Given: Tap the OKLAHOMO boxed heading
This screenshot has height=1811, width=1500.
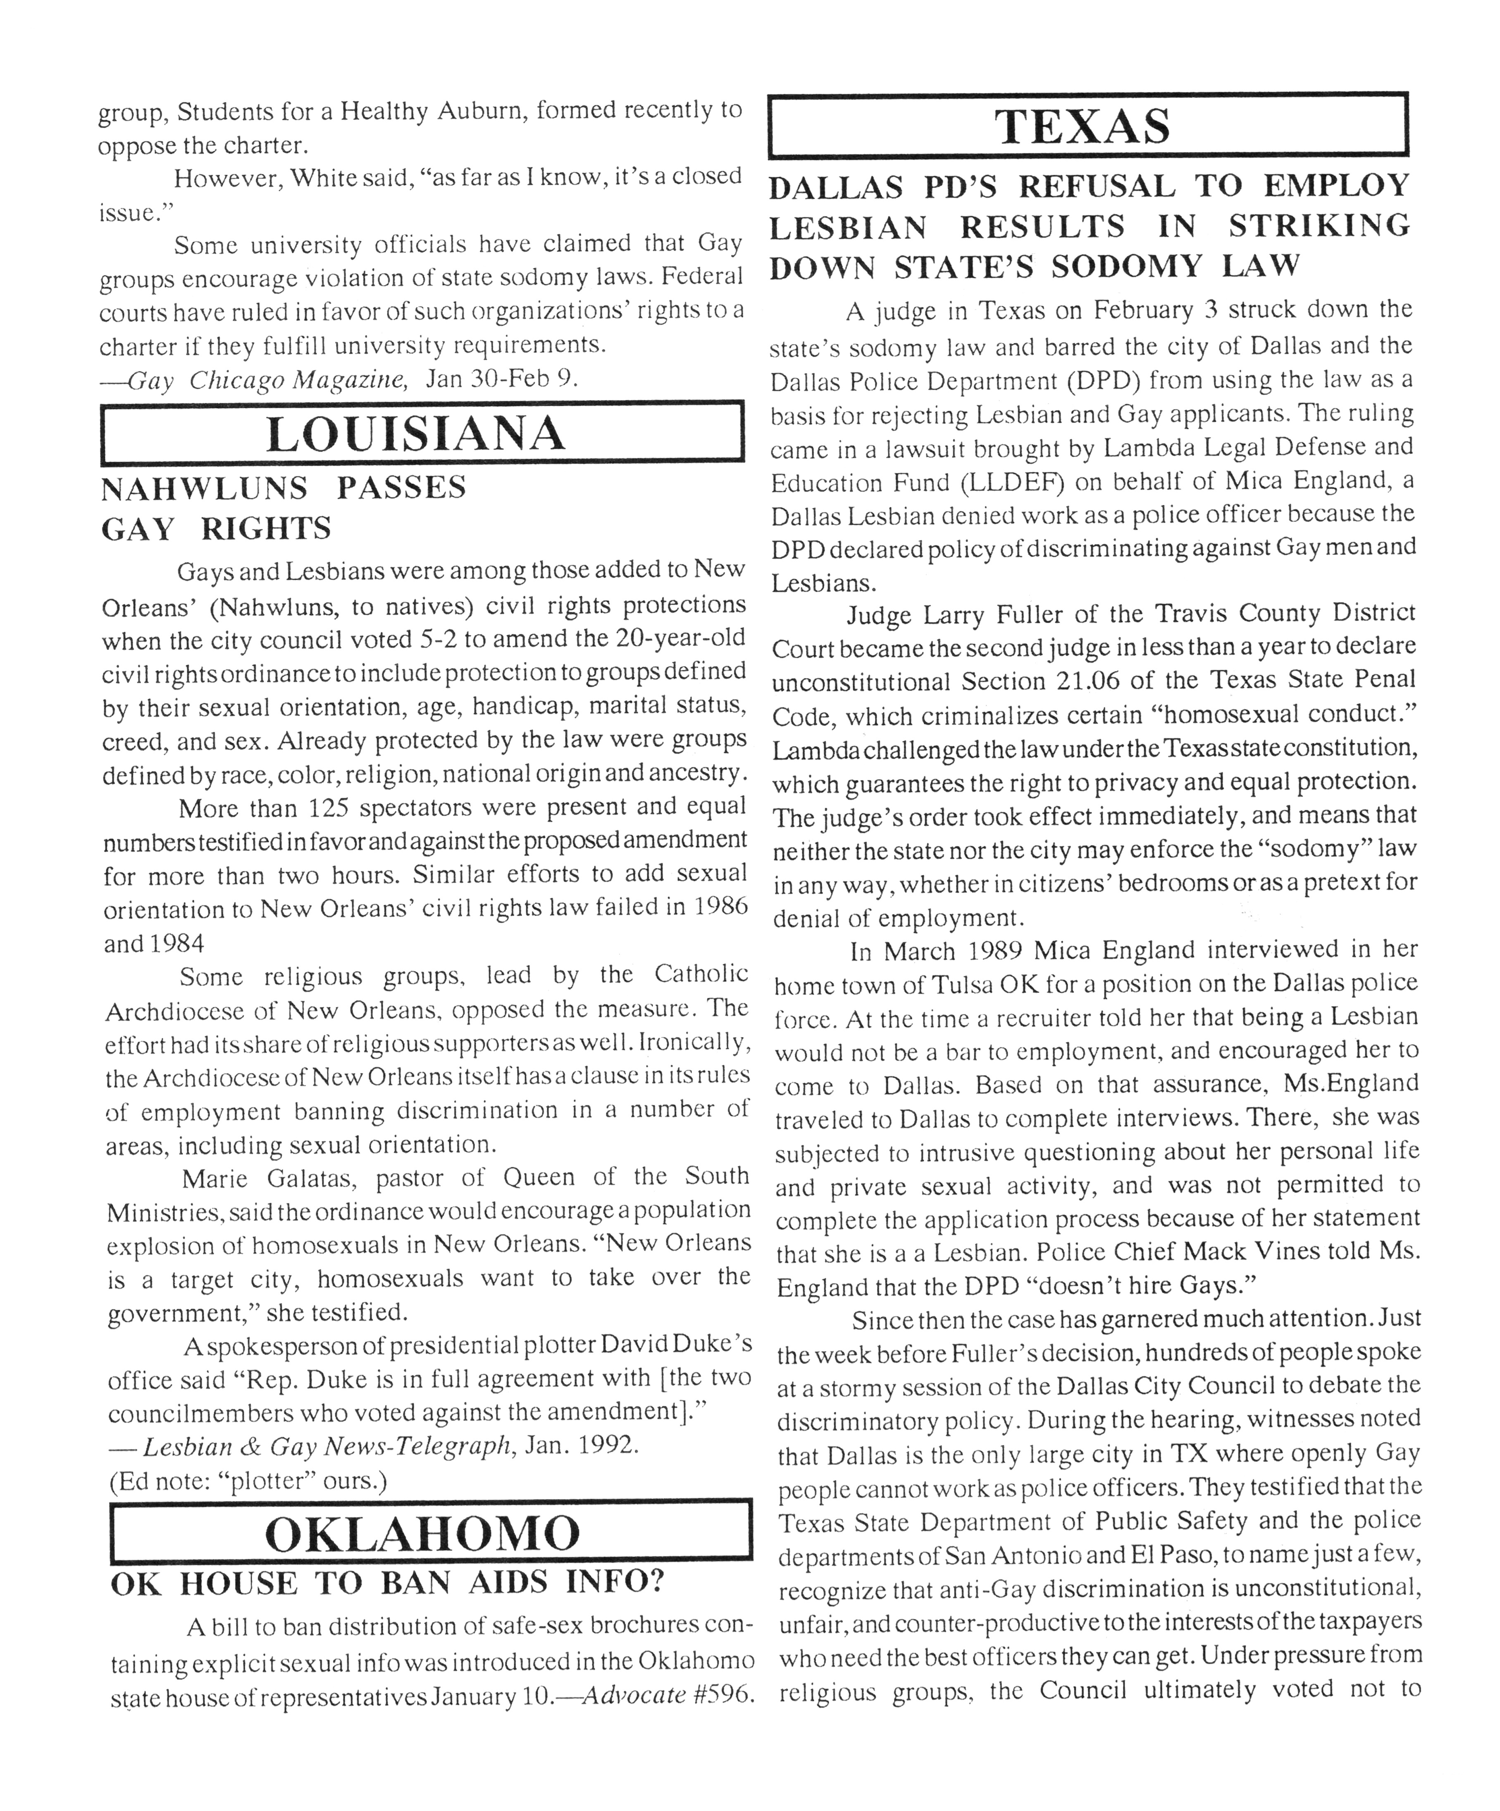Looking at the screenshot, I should click(423, 1533).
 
